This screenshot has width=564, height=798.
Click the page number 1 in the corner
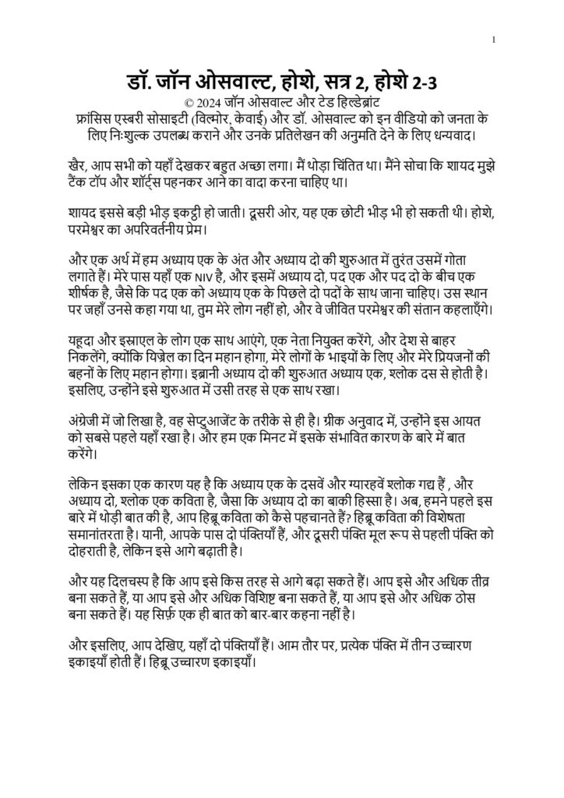494,40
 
